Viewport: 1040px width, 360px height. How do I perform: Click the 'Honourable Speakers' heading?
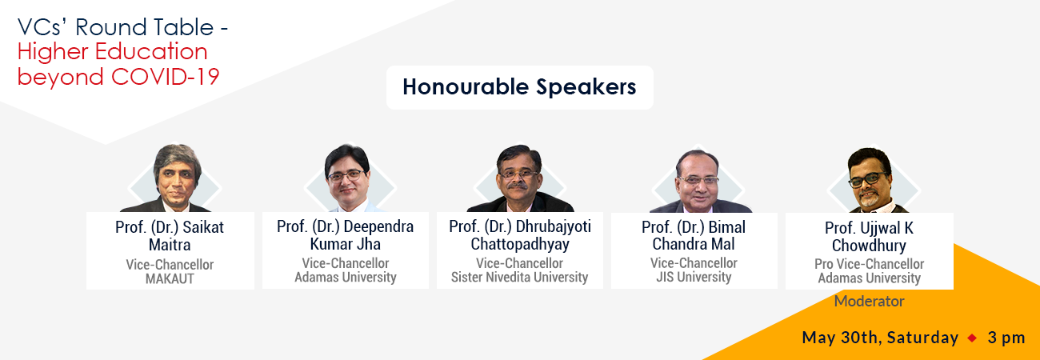(x=519, y=87)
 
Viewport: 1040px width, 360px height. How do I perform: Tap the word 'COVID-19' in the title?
(x=165, y=77)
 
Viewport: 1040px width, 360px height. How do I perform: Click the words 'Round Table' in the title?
(x=144, y=27)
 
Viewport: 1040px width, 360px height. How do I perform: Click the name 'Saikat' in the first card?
(x=203, y=227)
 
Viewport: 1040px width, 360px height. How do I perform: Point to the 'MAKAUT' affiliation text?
(x=170, y=278)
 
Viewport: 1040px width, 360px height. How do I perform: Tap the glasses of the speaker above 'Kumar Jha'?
(x=346, y=176)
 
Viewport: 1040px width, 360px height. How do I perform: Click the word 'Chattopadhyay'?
(x=519, y=244)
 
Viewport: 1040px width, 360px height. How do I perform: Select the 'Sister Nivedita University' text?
(x=519, y=278)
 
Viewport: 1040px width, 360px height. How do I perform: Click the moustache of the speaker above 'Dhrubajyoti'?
(x=518, y=186)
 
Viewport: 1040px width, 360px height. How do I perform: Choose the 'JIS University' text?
(x=694, y=278)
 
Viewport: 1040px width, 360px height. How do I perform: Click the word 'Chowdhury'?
(x=869, y=246)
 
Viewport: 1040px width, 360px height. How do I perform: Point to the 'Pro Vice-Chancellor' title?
(x=869, y=264)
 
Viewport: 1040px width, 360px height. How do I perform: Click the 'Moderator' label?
(x=869, y=301)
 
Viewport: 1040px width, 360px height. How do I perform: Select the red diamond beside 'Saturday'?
(x=972, y=338)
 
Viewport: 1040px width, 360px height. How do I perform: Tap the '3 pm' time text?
(x=1006, y=338)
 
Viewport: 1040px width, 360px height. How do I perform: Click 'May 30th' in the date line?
(x=839, y=338)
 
